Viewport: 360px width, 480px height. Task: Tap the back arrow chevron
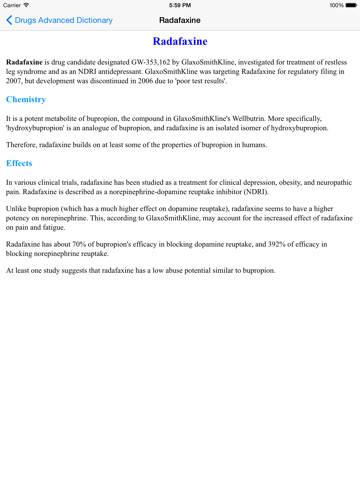tap(9, 19)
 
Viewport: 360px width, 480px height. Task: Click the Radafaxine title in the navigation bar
tap(179, 19)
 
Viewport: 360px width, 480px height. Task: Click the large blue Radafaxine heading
tap(180, 43)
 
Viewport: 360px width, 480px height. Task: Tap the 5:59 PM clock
tap(180, 5)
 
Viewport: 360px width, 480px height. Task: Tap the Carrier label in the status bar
tap(15, 5)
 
